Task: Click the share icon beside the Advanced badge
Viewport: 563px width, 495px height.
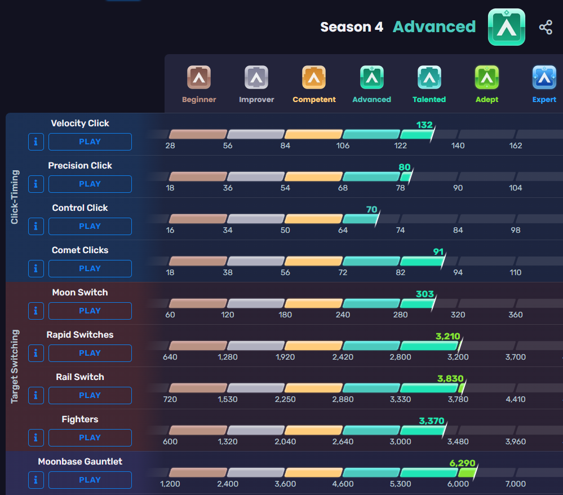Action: (x=546, y=27)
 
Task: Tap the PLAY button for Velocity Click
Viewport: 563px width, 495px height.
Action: (x=90, y=142)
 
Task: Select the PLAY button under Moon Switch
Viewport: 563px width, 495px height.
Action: (x=90, y=311)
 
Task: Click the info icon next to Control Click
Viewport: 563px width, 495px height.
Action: (x=36, y=226)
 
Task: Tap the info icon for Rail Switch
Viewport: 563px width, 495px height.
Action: (x=36, y=395)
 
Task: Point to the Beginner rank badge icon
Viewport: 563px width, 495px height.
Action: (x=199, y=78)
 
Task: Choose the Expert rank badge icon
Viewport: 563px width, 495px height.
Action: (x=544, y=78)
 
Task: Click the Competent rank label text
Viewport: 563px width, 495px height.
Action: (x=314, y=100)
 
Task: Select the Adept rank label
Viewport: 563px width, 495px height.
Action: (x=487, y=100)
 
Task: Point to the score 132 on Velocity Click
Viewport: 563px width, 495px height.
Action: (x=424, y=125)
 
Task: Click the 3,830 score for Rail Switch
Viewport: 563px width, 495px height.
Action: (x=450, y=378)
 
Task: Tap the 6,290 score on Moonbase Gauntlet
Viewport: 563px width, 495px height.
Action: (x=462, y=463)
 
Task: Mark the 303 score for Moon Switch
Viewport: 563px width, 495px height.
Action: (x=424, y=294)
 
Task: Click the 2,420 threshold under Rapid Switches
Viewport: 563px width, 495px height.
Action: (x=343, y=357)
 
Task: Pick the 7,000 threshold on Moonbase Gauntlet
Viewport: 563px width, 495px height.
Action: (x=515, y=484)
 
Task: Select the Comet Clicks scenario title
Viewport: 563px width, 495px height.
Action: (x=80, y=250)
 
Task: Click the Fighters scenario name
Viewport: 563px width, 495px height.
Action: (x=80, y=419)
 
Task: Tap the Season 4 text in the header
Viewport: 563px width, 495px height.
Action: (x=352, y=27)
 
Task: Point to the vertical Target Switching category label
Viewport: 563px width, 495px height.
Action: (x=15, y=366)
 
